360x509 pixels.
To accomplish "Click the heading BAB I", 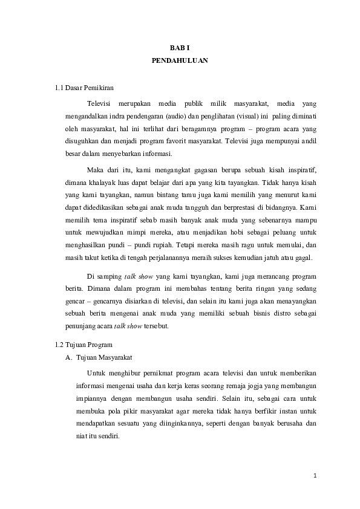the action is coord(180,47).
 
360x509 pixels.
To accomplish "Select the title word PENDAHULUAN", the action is coord(180,61).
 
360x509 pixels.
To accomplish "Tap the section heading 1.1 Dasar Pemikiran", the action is coord(84,89).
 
